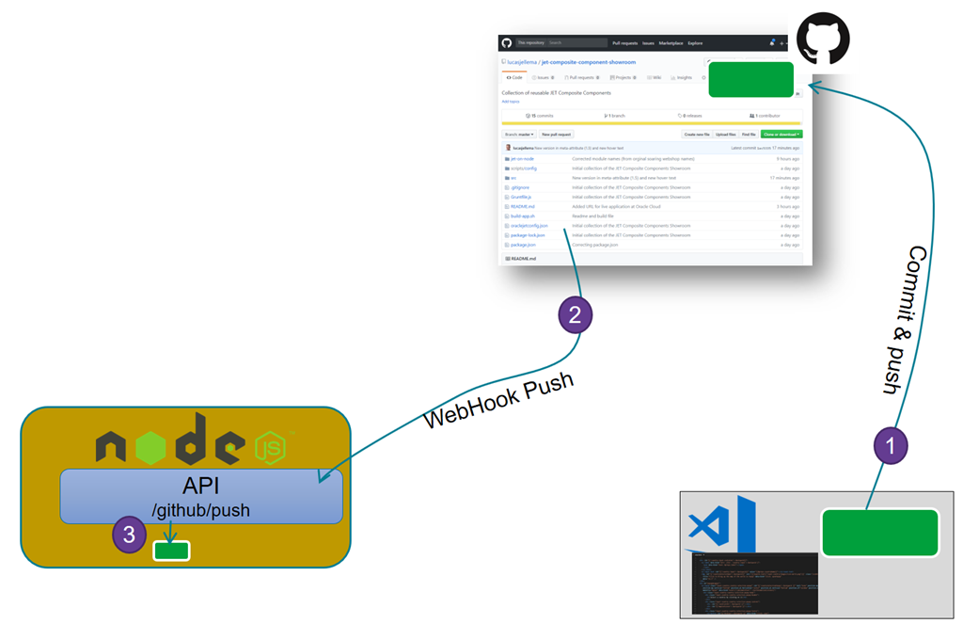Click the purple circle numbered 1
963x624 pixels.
(892, 445)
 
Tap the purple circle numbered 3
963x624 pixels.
(130, 536)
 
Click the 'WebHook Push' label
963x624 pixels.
(498, 401)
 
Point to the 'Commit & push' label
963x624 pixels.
(905, 320)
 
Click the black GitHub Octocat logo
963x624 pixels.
(823, 39)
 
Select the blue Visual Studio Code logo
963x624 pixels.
(722, 526)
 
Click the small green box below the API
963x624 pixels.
(171, 551)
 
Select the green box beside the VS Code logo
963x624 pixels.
(880, 533)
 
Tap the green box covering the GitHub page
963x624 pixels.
(750, 79)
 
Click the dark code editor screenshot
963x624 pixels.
(754, 584)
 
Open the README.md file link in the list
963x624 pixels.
(522, 206)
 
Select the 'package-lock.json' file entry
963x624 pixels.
(528, 235)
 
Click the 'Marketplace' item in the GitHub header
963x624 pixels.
(671, 43)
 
